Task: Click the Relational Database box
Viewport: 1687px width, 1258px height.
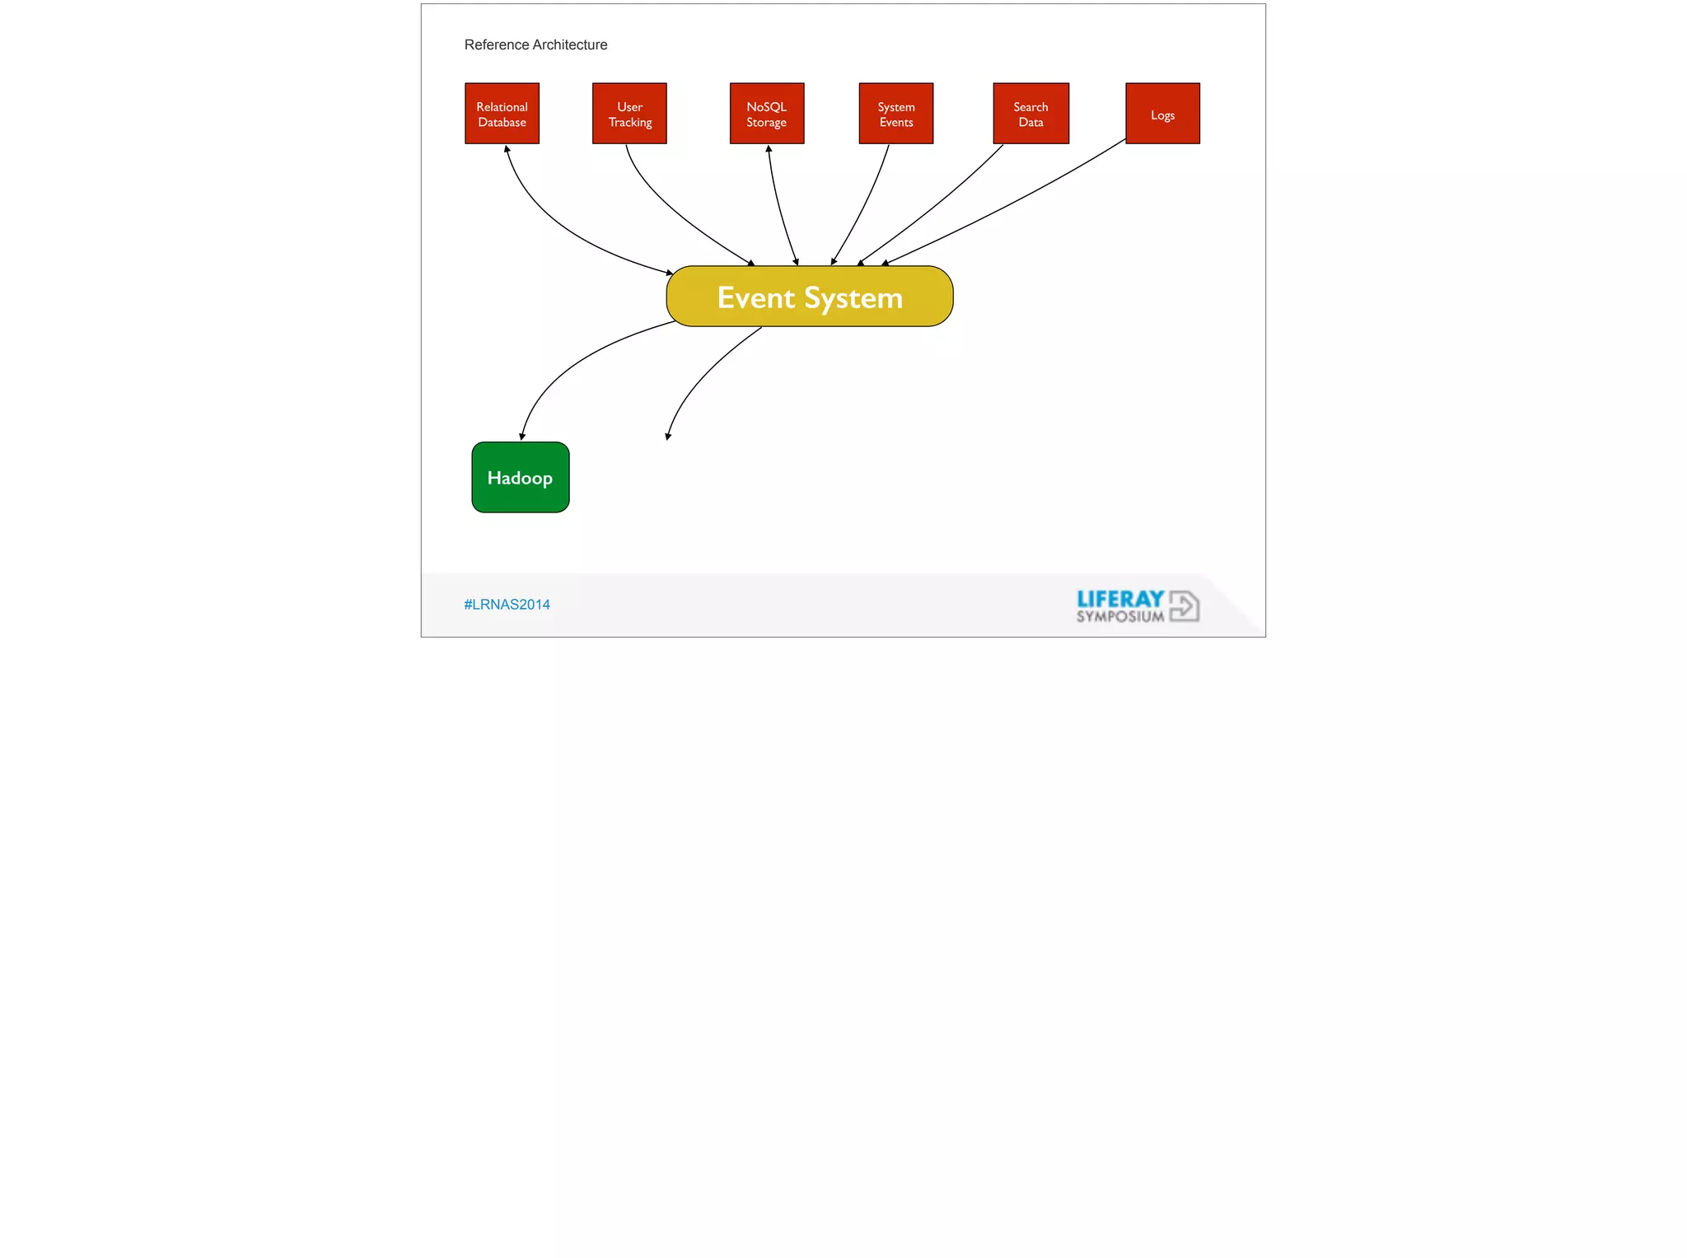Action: pos(502,114)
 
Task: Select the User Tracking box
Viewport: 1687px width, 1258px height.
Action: pos(629,114)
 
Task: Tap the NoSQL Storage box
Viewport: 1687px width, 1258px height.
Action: pos(767,114)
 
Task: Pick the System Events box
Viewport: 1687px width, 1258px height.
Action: pos(896,114)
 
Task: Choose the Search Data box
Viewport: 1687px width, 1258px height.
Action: pos(1030,114)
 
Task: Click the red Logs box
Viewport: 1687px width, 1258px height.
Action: pos(1162,114)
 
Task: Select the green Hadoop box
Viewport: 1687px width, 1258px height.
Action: pos(521,478)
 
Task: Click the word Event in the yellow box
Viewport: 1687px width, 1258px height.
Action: pos(755,297)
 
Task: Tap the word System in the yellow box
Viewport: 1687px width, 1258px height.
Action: pos(853,297)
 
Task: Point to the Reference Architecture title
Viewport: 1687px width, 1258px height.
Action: pos(535,44)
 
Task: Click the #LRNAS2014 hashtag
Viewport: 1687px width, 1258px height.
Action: pos(507,605)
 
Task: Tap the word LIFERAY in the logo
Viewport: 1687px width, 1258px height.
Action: pos(1120,599)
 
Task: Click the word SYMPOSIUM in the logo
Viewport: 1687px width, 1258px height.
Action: pos(1120,616)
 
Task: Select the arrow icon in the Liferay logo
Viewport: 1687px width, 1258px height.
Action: pos(1185,606)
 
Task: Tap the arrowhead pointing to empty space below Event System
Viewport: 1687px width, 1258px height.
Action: pos(668,436)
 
